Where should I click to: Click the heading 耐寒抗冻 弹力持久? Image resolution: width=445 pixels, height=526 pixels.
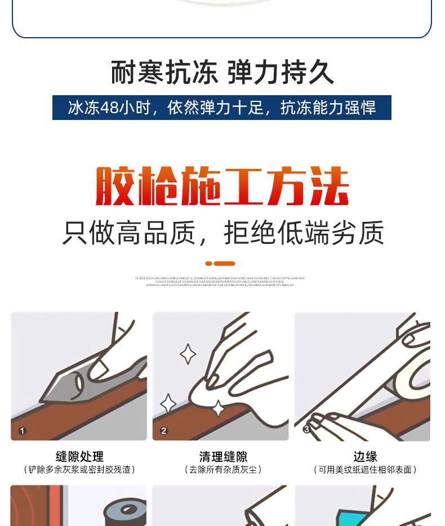222,72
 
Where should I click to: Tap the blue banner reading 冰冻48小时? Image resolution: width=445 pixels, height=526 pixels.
222,108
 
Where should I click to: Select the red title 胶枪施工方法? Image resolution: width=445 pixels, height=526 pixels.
222,186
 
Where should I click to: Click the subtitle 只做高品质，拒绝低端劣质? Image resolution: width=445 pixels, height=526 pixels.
222,233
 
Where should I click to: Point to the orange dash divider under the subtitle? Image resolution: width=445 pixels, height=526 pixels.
220,264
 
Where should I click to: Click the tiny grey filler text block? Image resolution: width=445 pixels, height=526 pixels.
220,282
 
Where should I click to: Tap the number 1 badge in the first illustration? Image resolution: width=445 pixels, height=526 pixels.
23,431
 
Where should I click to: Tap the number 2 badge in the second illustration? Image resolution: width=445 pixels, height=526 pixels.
164,431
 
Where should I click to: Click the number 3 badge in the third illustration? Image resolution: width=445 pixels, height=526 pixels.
306,430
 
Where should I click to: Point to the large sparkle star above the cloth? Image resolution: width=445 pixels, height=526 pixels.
188,354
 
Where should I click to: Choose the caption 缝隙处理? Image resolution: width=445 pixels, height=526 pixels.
79,456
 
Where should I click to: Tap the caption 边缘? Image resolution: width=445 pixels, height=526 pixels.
365,456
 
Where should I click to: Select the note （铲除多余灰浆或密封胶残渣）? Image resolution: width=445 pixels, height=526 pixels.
79,470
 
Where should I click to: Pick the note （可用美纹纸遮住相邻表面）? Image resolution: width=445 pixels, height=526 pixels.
365,470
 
